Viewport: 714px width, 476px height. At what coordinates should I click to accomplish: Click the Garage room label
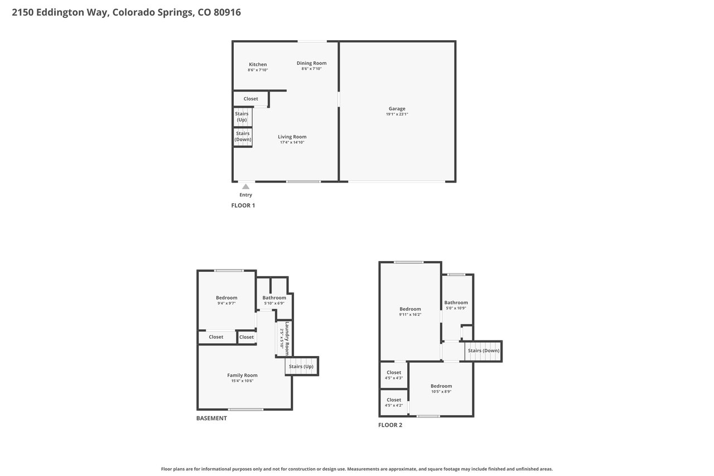(397, 109)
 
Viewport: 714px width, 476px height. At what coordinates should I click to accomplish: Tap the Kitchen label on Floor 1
(258, 64)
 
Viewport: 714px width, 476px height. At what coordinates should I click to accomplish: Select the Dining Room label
(311, 63)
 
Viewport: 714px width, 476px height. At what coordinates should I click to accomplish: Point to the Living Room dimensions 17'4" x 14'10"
(292, 142)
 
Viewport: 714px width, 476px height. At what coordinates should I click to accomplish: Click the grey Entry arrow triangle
(245, 186)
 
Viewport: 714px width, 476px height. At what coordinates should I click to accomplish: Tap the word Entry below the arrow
(246, 195)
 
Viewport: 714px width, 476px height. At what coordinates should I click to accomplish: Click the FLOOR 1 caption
(243, 206)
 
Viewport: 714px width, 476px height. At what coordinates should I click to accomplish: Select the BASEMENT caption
(211, 419)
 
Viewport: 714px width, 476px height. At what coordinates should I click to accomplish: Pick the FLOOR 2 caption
(390, 425)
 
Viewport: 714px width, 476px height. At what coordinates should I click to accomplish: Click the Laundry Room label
(287, 339)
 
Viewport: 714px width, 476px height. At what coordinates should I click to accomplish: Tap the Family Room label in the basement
(242, 375)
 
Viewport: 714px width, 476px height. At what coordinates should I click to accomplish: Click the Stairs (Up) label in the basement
(301, 366)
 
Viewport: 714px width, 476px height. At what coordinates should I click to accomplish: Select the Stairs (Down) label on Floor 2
(484, 350)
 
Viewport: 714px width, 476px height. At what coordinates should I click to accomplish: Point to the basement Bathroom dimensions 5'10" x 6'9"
(274, 303)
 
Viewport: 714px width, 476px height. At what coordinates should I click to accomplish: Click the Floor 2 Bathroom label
(456, 302)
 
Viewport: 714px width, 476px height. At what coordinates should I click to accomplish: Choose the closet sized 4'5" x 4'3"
(394, 375)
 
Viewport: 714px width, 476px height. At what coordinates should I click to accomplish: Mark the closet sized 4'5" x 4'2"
(394, 402)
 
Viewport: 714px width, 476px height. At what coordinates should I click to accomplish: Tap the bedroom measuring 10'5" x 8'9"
(441, 388)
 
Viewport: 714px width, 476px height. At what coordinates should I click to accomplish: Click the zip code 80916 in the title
(227, 12)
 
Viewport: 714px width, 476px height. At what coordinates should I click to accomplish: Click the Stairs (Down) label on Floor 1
(243, 137)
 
